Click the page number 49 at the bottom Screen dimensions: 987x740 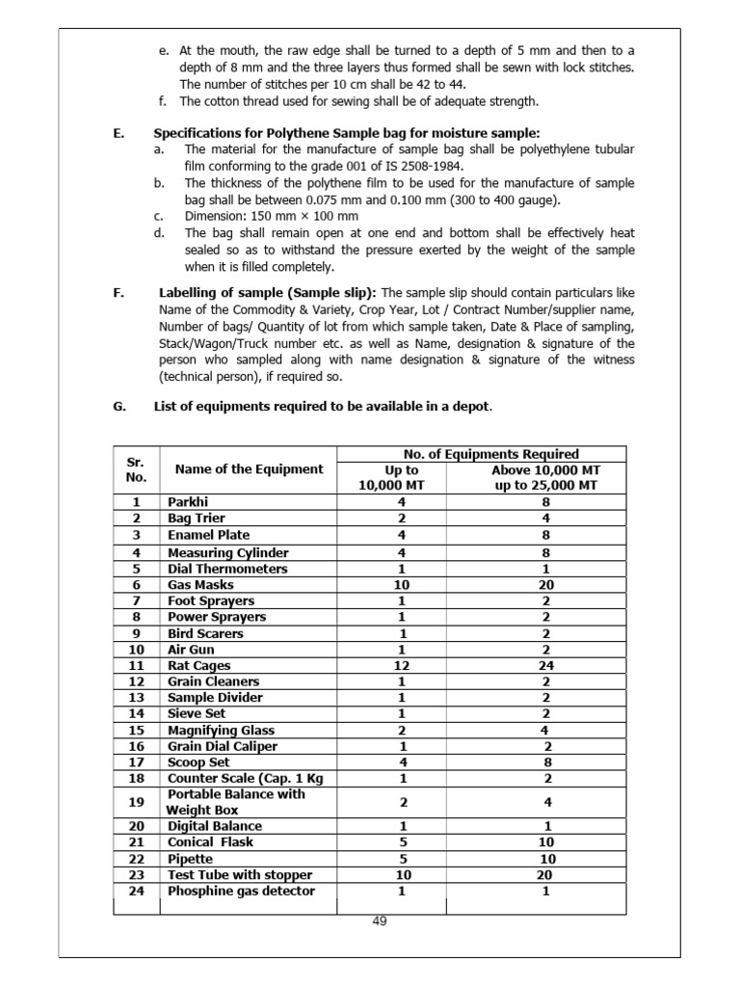379,920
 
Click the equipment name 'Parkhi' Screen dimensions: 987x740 188,502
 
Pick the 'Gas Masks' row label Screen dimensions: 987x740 200,584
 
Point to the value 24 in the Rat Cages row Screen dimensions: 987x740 546,665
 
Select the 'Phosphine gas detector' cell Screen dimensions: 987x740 241,891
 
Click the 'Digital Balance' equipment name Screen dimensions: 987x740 215,826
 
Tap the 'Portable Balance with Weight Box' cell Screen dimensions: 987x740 236,802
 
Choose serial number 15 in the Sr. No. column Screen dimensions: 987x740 136,731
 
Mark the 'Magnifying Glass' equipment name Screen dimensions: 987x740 221,731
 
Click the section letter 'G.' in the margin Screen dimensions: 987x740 119,407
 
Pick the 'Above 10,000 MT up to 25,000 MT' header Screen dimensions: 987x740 546,477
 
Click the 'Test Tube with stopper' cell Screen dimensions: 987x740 240,874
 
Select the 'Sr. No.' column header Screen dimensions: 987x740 136,469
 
